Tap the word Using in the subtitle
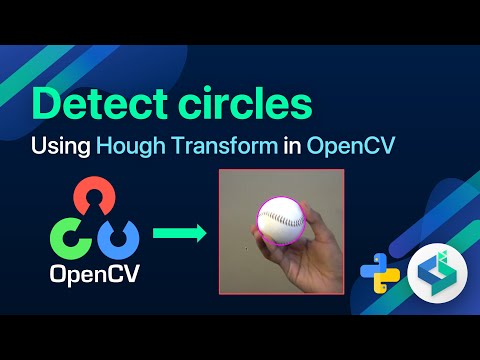click(x=60, y=146)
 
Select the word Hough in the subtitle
click(x=127, y=146)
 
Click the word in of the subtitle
click(x=292, y=146)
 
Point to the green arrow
click(x=179, y=234)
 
